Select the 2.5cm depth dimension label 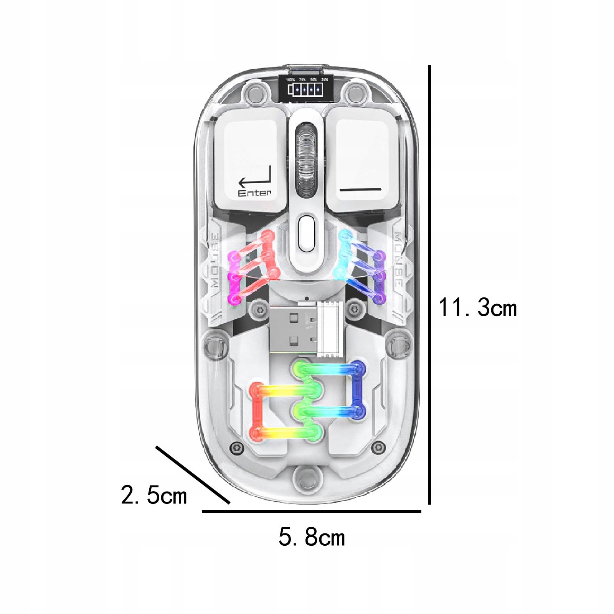pyautogui.click(x=154, y=495)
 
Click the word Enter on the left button pyautogui.click(x=254, y=193)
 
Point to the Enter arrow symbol pyautogui.click(x=255, y=178)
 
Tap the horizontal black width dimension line pyautogui.click(x=311, y=511)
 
